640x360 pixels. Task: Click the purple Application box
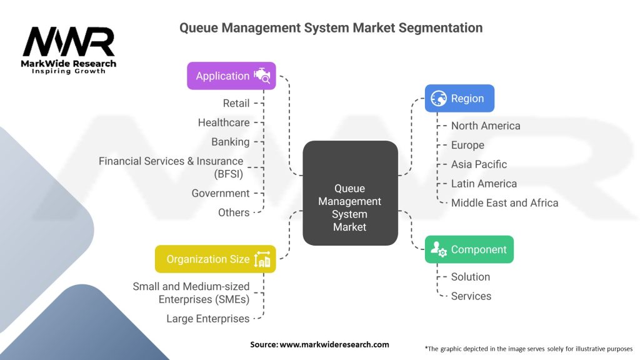pos(231,76)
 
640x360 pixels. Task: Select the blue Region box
pos(459,98)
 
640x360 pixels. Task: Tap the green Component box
pos(469,249)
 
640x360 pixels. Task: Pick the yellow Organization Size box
pos(216,259)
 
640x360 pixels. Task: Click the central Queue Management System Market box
pos(350,193)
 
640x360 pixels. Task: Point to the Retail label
pos(236,103)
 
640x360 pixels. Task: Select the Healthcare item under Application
pos(224,122)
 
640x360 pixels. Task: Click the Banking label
pos(230,142)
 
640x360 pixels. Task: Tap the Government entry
pos(221,193)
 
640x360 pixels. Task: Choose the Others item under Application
pos(234,212)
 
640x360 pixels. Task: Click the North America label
pos(486,126)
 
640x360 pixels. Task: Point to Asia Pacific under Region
pos(479,164)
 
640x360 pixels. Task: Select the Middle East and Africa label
pos(504,203)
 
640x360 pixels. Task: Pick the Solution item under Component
pos(470,277)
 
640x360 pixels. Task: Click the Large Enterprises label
pos(207,318)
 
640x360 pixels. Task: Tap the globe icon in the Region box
pos(439,98)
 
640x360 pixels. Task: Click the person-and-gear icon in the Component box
pos(439,249)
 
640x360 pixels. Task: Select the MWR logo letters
pos(69,41)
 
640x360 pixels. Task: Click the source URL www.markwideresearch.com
pos(334,344)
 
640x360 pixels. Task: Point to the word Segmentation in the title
pos(441,27)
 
